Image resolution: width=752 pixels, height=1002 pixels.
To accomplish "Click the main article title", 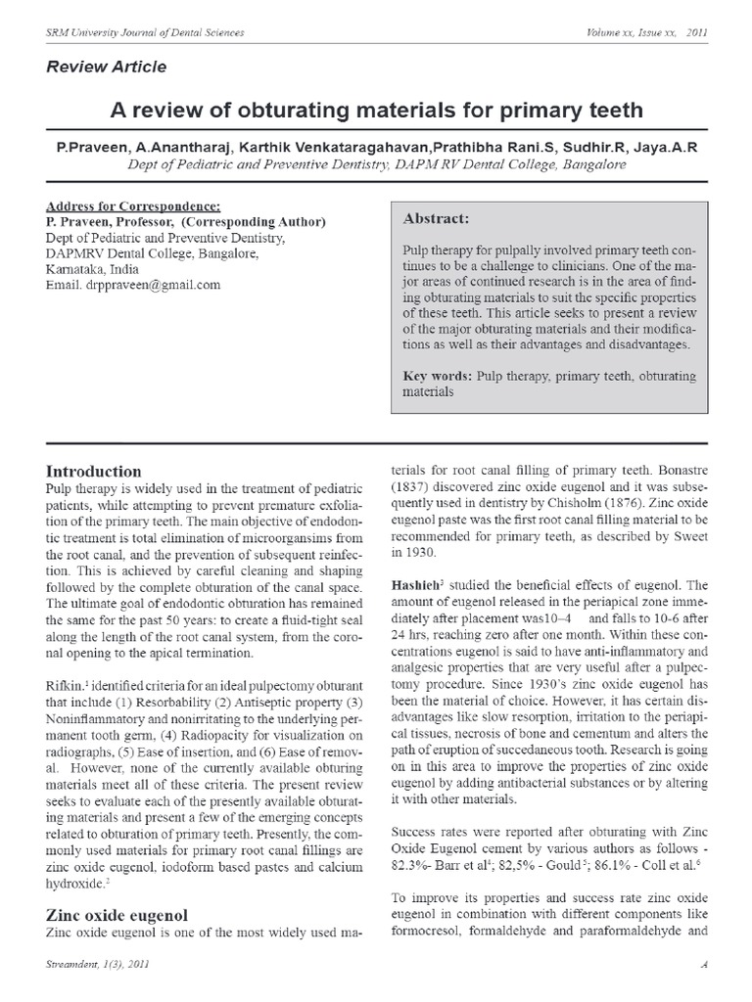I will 375,108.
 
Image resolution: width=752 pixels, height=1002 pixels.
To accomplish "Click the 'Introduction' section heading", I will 93,471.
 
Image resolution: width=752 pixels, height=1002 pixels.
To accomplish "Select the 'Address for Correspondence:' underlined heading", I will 133,206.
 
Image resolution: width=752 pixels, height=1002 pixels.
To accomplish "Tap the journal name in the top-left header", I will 146,32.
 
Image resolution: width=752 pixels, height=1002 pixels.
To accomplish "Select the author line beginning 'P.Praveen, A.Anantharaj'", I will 375,146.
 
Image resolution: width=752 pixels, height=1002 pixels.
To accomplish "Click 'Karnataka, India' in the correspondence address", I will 92,269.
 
